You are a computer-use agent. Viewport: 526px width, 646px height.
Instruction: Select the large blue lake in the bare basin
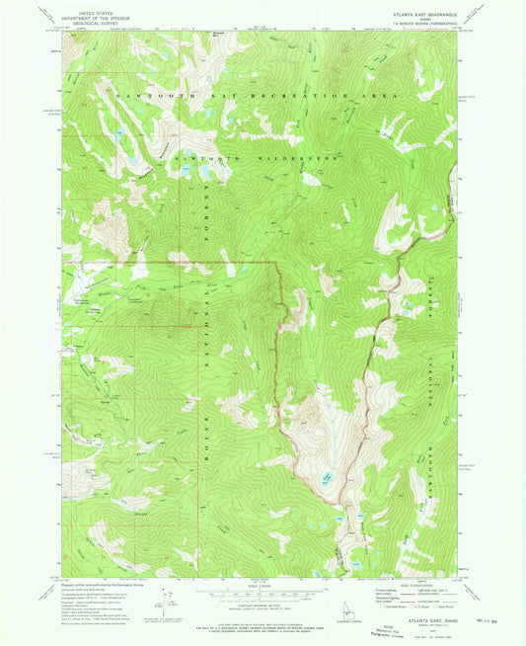click(327, 482)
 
